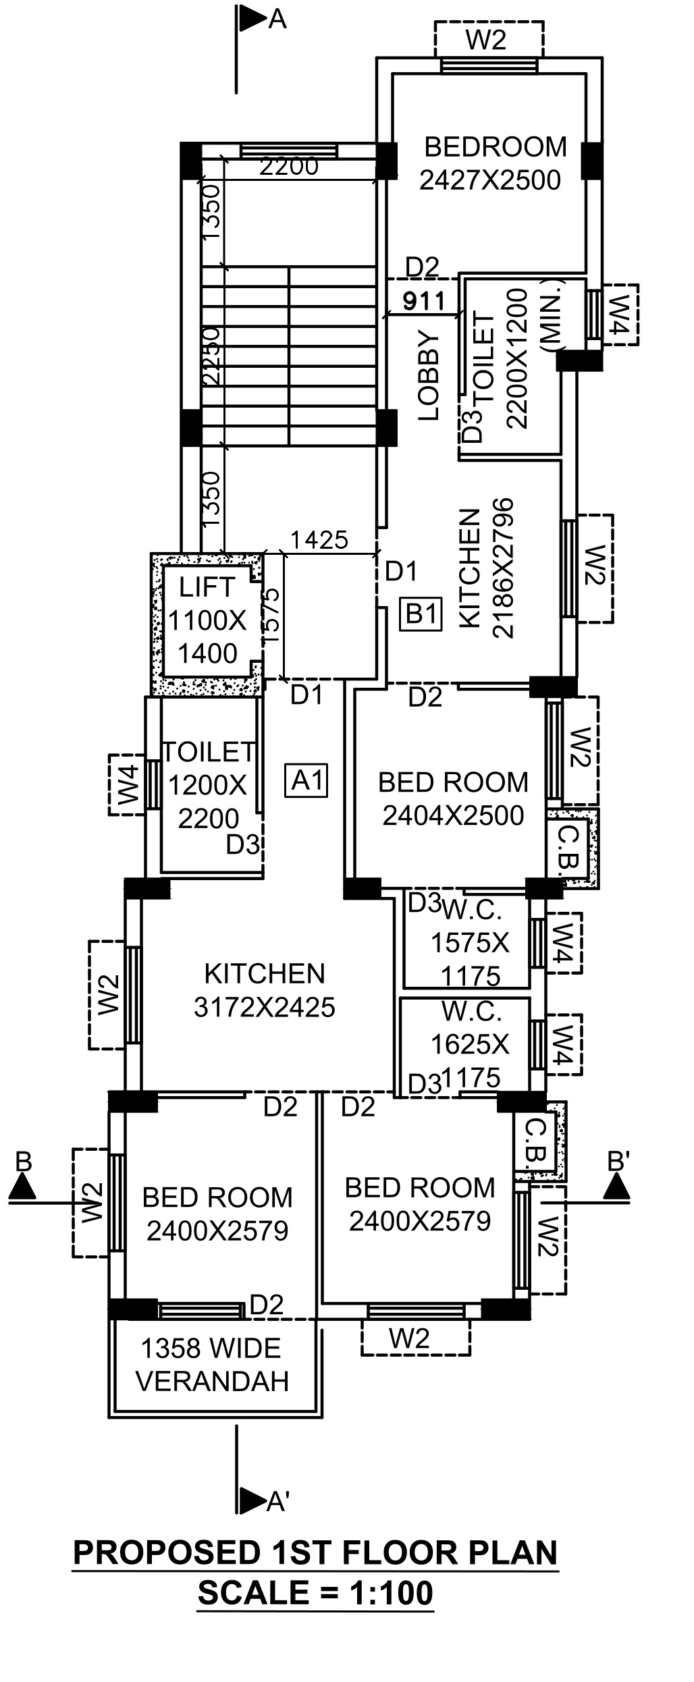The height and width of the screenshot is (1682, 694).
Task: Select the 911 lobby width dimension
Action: click(424, 302)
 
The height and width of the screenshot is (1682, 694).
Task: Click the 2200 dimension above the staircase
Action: click(288, 167)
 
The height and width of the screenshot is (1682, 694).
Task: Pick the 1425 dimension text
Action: click(319, 540)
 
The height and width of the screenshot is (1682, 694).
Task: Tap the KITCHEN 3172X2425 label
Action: click(265, 990)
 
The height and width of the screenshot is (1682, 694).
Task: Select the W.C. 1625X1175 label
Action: click(471, 1044)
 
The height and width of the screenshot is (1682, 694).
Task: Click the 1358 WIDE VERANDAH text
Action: click(212, 1365)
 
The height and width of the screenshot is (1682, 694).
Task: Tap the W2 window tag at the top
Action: click(486, 40)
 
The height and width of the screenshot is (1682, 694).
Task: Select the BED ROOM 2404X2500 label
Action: click(453, 798)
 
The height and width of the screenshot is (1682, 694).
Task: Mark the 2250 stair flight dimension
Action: click(211, 356)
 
